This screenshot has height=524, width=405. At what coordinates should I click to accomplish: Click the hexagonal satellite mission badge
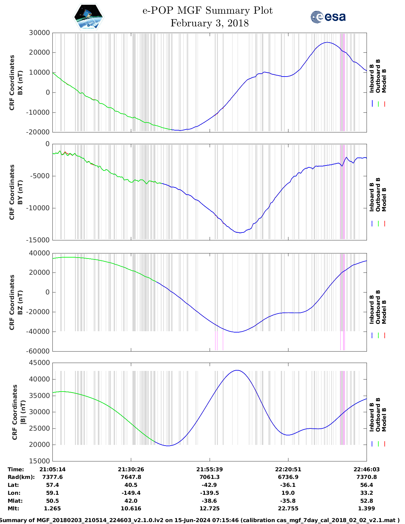click(x=88, y=17)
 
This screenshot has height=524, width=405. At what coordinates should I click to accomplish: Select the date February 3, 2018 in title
click(x=209, y=23)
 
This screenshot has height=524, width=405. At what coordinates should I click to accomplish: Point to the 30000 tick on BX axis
click(x=39, y=33)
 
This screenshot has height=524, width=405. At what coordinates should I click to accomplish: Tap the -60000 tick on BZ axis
click(x=38, y=351)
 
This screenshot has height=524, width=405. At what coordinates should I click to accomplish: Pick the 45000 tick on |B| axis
click(x=39, y=363)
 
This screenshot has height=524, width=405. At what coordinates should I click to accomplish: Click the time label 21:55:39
click(x=209, y=469)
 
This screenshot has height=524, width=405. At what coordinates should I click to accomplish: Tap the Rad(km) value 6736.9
click(x=288, y=477)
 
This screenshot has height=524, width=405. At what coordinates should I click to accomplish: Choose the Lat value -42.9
click(x=209, y=485)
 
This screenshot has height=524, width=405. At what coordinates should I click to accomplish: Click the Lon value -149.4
click(x=131, y=493)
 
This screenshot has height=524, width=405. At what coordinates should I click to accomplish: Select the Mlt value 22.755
click(x=288, y=508)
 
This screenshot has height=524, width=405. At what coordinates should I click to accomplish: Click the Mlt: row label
click(x=13, y=508)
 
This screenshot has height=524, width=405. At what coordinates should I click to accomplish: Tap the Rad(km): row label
click(x=21, y=477)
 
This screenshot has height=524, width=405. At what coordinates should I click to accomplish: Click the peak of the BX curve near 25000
click(x=327, y=42)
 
